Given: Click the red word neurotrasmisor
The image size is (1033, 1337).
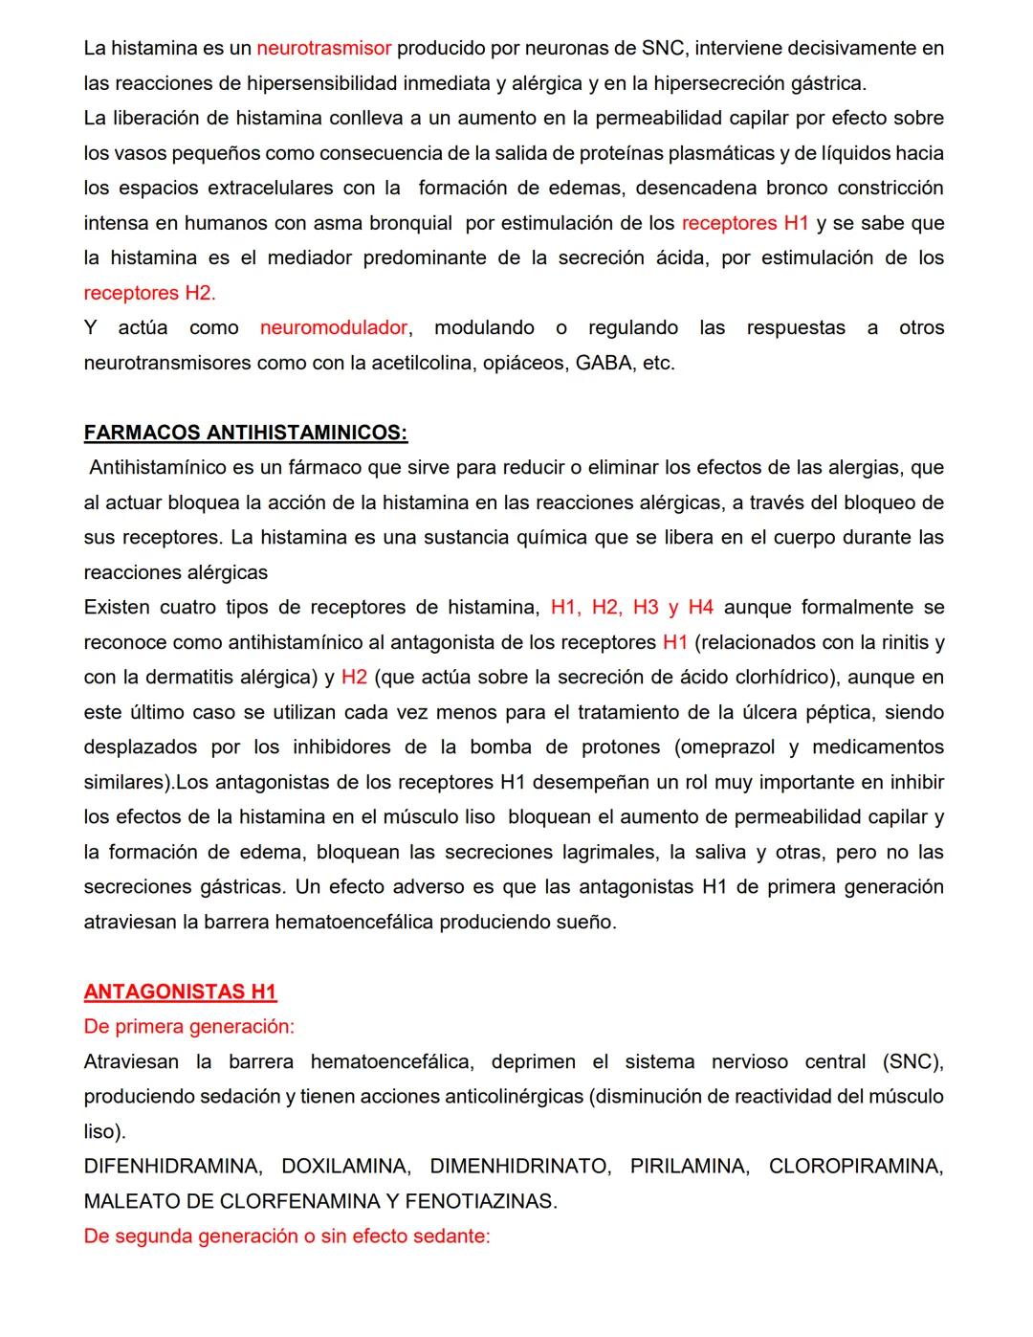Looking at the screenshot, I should pyautogui.click(x=324, y=48).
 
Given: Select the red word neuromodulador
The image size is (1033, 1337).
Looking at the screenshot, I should pyautogui.click(x=334, y=328).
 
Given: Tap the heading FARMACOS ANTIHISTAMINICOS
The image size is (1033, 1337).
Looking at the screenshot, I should pyautogui.click(x=246, y=433).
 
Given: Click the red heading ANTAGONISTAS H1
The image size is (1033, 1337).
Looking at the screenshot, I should pyautogui.click(x=180, y=992).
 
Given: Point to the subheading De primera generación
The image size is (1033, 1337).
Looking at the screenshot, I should pyautogui.click(x=189, y=1027).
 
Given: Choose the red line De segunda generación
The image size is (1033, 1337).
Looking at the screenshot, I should pyautogui.click(x=287, y=1237).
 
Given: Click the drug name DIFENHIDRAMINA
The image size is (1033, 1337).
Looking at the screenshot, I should pyautogui.click(x=172, y=1167).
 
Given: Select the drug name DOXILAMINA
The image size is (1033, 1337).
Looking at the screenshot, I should pyautogui.click(x=345, y=1167).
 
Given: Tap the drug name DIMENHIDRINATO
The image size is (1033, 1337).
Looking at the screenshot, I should pyautogui.click(x=519, y=1167).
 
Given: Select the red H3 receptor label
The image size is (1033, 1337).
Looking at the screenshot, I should pyautogui.click(x=646, y=608).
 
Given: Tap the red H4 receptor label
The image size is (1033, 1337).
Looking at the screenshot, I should pyautogui.click(x=700, y=608).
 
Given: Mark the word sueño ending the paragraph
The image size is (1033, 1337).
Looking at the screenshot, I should pyautogui.click(x=585, y=923).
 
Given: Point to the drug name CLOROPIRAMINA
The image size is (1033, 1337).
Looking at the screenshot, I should pyautogui.click(x=855, y=1167).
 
